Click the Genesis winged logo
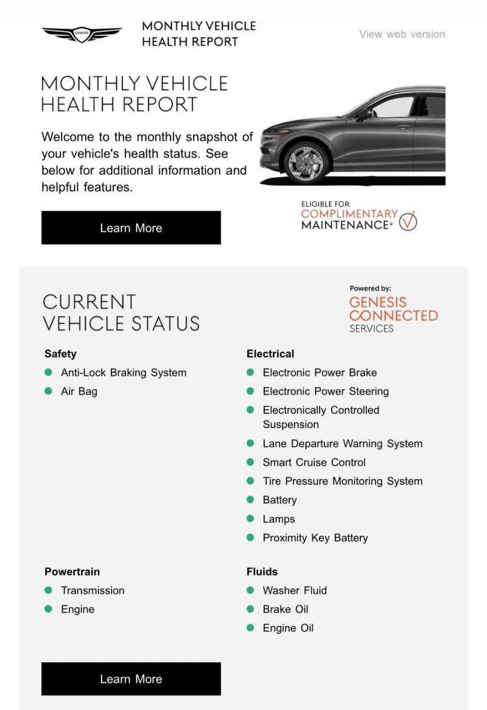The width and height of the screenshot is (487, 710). click(x=82, y=34)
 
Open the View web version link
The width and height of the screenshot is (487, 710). click(x=402, y=34)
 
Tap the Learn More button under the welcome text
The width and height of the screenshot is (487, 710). click(x=131, y=228)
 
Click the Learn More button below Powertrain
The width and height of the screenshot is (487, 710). click(x=131, y=678)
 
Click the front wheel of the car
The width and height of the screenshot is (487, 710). click(x=306, y=162)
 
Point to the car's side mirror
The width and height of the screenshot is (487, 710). click(x=365, y=114)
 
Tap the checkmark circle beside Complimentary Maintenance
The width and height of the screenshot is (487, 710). click(x=408, y=222)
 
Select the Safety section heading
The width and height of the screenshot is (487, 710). click(x=60, y=354)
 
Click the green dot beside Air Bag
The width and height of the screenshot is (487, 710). click(x=49, y=391)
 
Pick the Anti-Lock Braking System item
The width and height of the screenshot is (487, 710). click(x=124, y=373)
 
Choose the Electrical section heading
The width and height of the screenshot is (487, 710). click(x=270, y=354)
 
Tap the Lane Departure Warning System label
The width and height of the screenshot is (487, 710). click(x=342, y=444)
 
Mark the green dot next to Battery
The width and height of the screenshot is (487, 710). click(x=250, y=499)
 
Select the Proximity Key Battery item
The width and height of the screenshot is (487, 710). click(x=315, y=538)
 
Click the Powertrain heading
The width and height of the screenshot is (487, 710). click(x=72, y=572)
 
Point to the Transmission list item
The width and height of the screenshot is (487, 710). click(x=93, y=591)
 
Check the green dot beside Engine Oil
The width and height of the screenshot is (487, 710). click(x=250, y=628)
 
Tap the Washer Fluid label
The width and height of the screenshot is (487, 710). click(x=295, y=591)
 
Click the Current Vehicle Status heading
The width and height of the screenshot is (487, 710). click(x=121, y=312)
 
